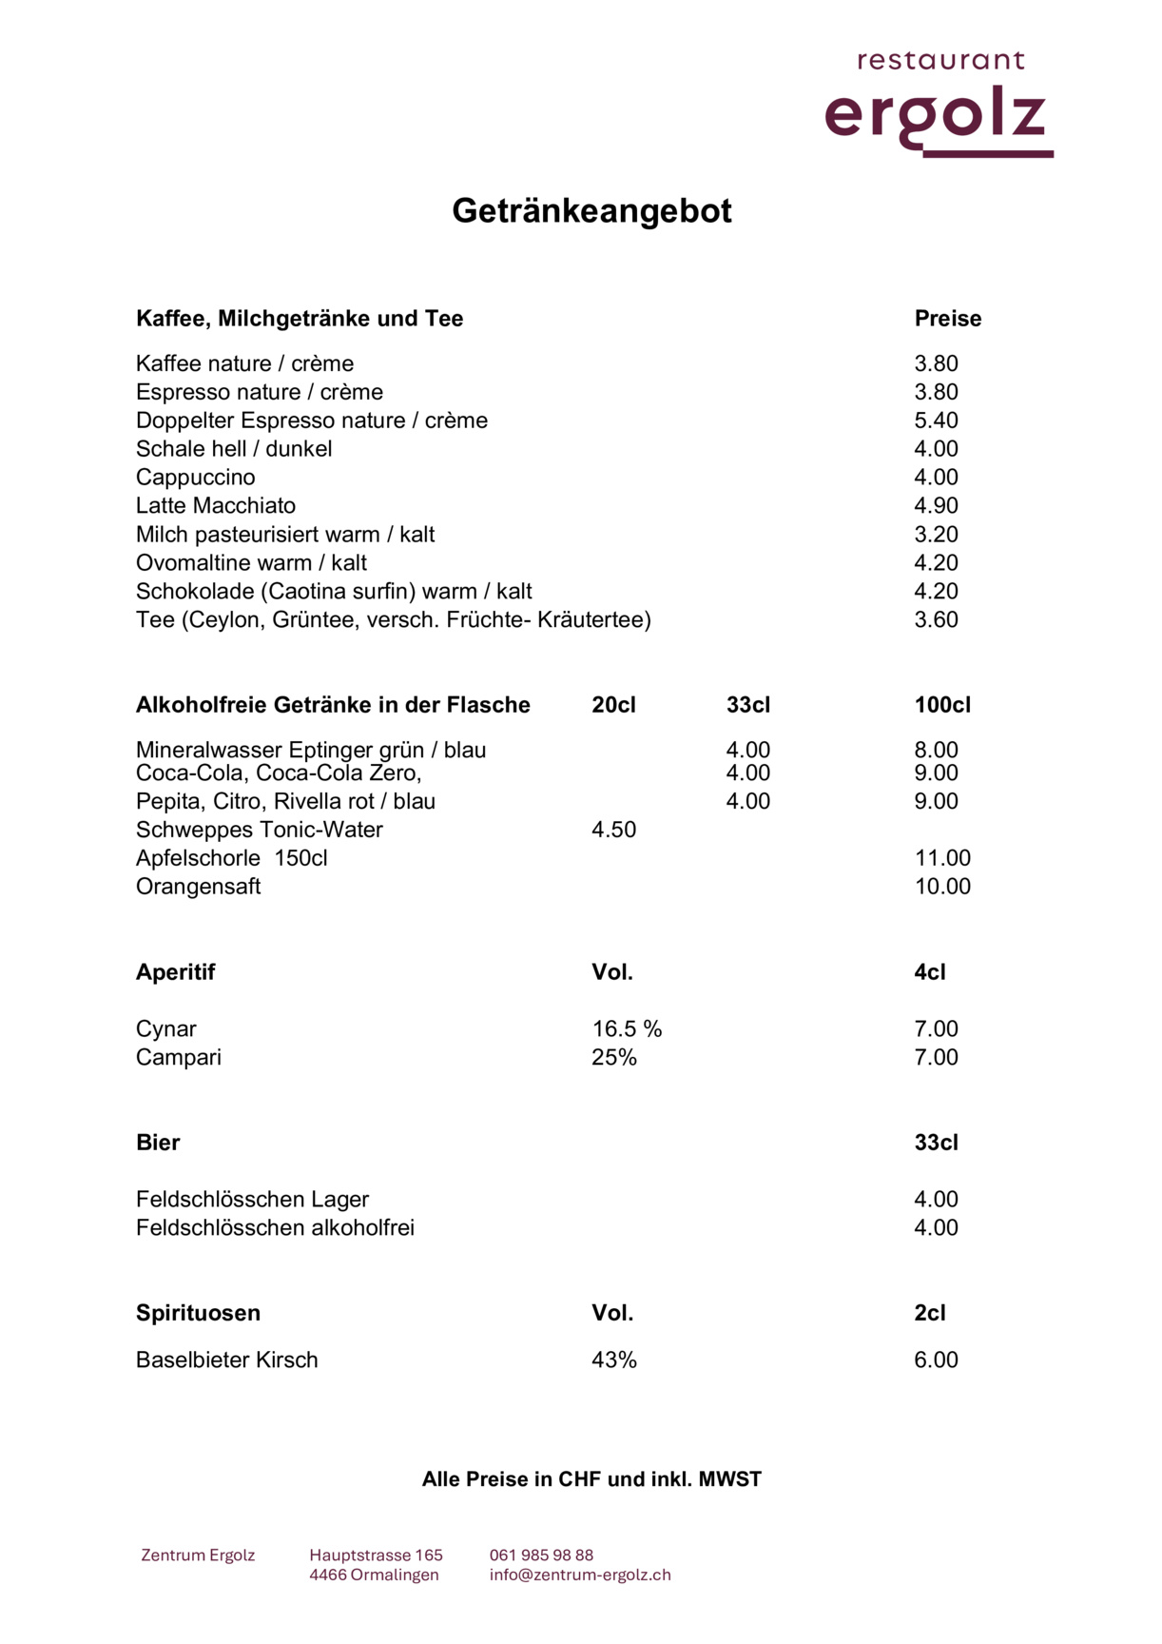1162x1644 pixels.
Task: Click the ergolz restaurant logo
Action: click(x=939, y=105)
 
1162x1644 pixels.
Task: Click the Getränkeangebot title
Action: click(x=591, y=210)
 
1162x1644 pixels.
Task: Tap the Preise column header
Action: click(x=947, y=319)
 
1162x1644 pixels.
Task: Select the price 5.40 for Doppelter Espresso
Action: click(x=936, y=421)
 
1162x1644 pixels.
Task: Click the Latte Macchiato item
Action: click(x=216, y=506)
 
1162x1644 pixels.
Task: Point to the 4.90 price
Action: click(x=936, y=506)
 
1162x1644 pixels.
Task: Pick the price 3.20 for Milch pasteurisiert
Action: click(x=936, y=535)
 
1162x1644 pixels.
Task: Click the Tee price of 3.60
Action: click(x=936, y=620)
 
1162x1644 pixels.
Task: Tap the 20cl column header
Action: click(x=613, y=705)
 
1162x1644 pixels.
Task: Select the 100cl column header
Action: click(x=942, y=705)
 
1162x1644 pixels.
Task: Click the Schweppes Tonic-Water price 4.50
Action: click(x=613, y=830)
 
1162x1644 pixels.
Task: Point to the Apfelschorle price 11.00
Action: click(x=942, y=858)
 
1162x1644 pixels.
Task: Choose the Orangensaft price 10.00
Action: click(x=942, y=887)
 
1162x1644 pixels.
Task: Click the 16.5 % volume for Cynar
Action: click(x=627, y=1029)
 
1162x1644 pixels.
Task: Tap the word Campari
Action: click(x=179, y=1058)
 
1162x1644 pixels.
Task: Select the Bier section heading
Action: click(x=158, y=1143)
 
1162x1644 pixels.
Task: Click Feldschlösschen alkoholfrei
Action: click(x=275, y=1228)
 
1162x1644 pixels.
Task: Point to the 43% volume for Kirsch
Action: click(x=613, y=1360)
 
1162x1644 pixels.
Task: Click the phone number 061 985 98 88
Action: click(x=541, y=1556)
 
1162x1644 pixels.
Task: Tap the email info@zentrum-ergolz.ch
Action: click(x=580, y=1575)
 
